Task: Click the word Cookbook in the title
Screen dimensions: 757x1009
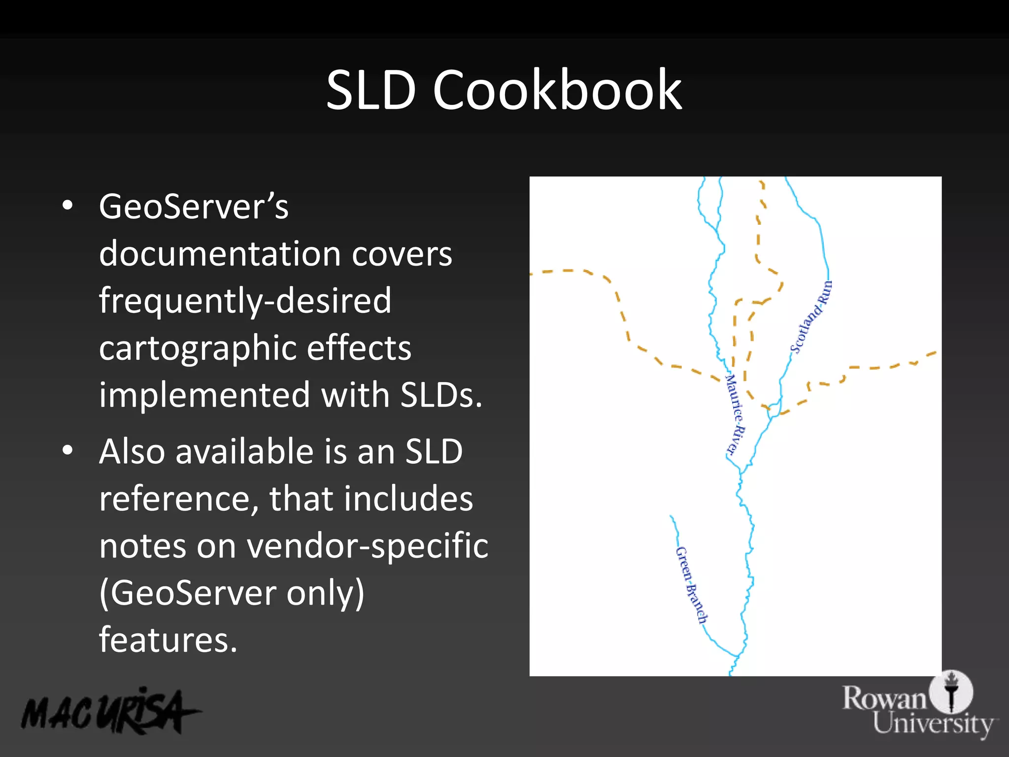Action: coord(557,91)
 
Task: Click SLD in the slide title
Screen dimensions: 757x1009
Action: coord(370,91)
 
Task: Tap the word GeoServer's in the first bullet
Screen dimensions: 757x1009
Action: coord(193,207)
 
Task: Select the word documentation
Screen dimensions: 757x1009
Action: coord(220,254)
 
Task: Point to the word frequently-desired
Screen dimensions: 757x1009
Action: coord(245,302)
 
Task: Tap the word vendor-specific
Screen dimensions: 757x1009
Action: coord(367,546)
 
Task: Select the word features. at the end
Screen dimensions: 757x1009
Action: coord(168,640)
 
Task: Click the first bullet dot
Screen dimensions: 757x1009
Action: coord(68,206)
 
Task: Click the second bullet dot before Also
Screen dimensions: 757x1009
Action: coord(68,450)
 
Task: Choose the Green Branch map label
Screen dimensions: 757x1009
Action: coord(691,585)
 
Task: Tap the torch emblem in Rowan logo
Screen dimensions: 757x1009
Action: coord(951,691)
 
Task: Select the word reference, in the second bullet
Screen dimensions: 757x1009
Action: coord(178,499)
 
